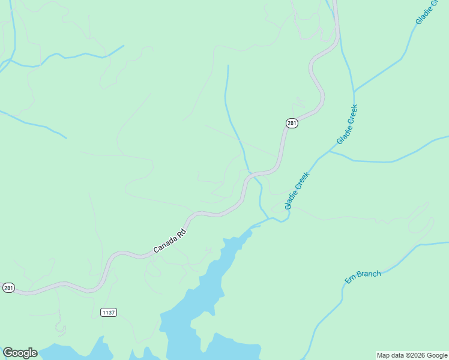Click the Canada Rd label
click(170, 241)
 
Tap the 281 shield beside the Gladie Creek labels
click(291, 123)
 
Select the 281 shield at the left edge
click(8, 288)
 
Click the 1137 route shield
click(108, 313)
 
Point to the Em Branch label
click(363, 277)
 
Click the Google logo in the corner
click(20, 353)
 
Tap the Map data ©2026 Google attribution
click(412, 355)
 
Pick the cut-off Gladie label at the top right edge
click(428, 13)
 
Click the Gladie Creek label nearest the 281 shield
click(347, 125)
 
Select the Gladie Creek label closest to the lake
click(297, 191)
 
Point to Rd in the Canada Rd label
click(182, 232)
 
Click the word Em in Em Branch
click(350, 280)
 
